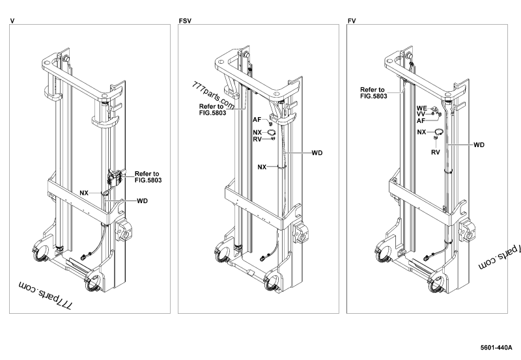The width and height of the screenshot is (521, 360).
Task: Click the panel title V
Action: (12, 21)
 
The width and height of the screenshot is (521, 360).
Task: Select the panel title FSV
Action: (185, 21)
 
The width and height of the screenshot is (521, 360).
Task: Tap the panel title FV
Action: (352, 21)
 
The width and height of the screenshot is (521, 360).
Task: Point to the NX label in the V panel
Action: (84, 193)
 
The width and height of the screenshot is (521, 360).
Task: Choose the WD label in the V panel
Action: (143, 201)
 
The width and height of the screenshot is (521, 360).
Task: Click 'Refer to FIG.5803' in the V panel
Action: (148, 178)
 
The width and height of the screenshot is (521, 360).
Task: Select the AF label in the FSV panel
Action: (257, 119)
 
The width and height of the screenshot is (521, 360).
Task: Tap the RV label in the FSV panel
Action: (257, 139)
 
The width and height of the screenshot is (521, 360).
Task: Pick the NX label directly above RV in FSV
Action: (257, 132)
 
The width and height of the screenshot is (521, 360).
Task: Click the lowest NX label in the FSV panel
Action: (262, 167)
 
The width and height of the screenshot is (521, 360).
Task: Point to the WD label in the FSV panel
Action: (317, 153)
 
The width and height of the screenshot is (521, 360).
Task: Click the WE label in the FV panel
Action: (421, 107)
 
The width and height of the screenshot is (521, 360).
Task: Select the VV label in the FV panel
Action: (421, 114)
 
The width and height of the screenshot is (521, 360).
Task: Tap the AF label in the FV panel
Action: (421, 120)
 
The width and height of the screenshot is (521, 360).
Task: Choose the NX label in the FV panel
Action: (421, 132)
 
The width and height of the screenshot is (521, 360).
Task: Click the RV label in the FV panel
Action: (436, 153)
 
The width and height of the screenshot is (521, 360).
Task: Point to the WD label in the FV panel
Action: (479, 144)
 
